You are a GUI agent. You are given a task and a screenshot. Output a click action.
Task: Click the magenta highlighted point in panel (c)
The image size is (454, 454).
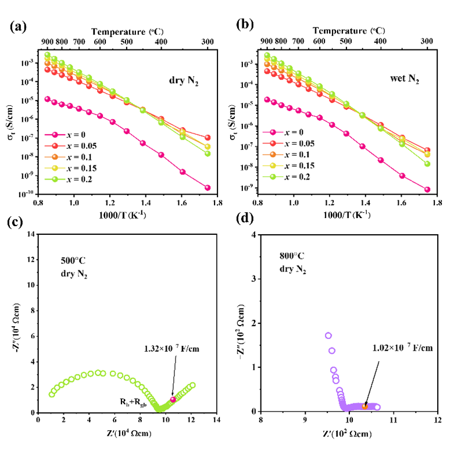point(173,399)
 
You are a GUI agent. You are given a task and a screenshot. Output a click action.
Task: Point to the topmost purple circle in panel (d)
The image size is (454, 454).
point(328,335)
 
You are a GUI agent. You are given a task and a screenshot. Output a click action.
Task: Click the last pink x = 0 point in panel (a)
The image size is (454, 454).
point(207,188)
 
